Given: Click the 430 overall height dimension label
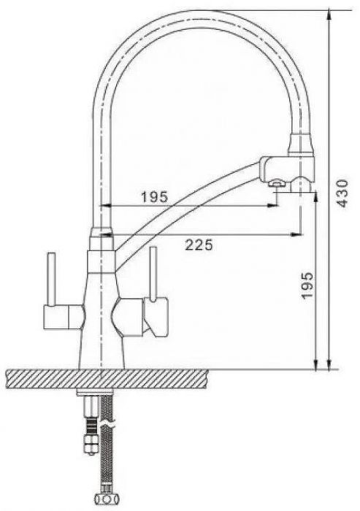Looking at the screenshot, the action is pyautogui.click(x=342, y=193).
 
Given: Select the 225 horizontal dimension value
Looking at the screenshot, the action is pyautogui.click(x=199, y=245).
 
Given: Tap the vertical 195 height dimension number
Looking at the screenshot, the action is pyautogui.click(x=307, y=286).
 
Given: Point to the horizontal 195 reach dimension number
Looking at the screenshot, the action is pyautogui.click(x=154, y=196).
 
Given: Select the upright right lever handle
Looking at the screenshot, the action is pyautogui.click(x=153, y=274).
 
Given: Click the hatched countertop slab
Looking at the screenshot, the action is pyautogui.click(x=107, y=380).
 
